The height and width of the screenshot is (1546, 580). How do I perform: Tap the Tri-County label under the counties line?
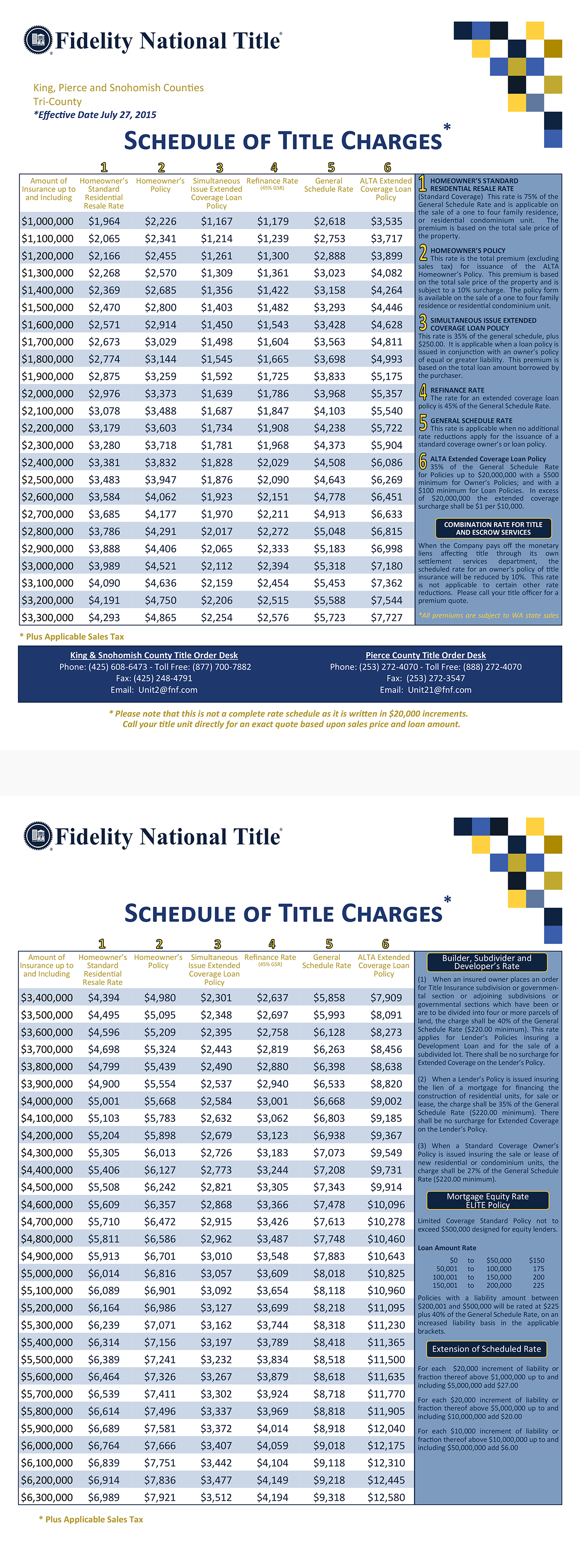[58, 101]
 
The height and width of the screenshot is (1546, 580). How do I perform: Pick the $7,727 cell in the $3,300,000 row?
[386, 617]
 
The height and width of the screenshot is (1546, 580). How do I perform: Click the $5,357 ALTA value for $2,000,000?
[386, 394]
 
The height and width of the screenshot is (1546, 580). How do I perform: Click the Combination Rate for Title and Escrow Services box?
[493, 528]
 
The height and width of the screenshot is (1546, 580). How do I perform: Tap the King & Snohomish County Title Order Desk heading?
[154, 655]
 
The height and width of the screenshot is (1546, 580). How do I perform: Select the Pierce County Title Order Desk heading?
[426, 655]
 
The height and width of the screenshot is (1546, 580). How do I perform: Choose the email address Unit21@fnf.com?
[439, 690]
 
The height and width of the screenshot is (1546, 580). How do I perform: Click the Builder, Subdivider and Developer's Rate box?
[486, 962]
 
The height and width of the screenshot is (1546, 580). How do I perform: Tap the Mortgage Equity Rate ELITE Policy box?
[488, 1200]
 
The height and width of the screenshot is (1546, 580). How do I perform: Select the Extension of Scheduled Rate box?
[486, 1349]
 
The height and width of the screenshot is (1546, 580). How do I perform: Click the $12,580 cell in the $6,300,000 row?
[386, 1497]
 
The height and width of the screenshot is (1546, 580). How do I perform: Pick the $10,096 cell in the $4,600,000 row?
[386, 1205]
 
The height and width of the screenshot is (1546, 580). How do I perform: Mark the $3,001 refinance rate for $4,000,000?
[272, 1101]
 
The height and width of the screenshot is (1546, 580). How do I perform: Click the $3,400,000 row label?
[47, 998]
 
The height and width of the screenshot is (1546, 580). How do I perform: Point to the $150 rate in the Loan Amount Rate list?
[537, 1260]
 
